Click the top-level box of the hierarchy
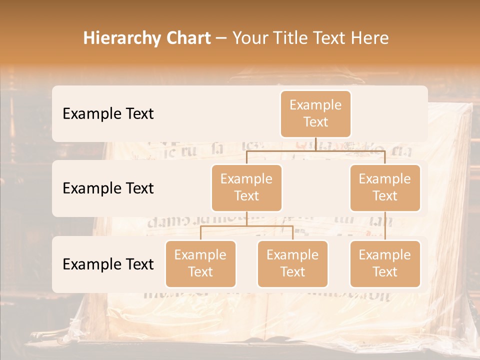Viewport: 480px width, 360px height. click(x=315, y=113)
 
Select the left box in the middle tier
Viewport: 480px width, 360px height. click(x=246, y=187)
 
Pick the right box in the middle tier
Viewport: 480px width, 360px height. click(x=385, y=187)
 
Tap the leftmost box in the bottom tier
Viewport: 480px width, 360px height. click(x=200, y=263)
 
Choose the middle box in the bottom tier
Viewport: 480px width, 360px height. click(x=292, y=263)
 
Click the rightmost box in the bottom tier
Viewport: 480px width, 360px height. click(x=385, y=263)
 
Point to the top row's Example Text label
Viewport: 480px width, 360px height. click(x=108, y=113)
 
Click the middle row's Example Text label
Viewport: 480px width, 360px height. click(x=108, y=188)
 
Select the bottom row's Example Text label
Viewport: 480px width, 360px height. click(x=108, y=264)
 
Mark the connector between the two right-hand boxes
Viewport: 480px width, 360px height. click(x=385, y=226)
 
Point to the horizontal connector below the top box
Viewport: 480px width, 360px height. click(x=315, y=150)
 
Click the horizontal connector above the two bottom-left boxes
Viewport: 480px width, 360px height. click(x=246, y=226)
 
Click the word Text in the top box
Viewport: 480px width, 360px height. click(x=315, y=122)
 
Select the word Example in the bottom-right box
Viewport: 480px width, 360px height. click(x=385, y=255)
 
